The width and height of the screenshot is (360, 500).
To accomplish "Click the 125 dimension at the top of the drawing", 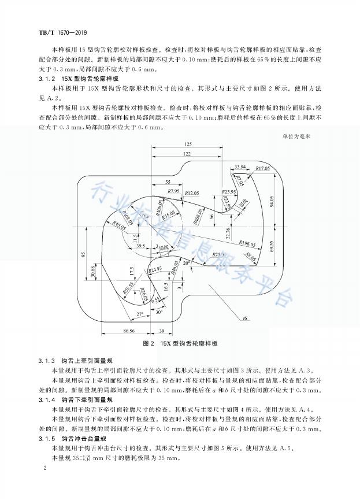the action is [x=188, y=144].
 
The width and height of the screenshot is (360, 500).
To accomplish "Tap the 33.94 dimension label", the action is [x=241, y=167].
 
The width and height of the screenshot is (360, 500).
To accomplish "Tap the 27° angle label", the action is [x=139, y=314].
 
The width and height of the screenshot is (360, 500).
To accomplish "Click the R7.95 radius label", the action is [x=173, y=191].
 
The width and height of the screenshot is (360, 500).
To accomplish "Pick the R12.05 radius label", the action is [x=192, y=191].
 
